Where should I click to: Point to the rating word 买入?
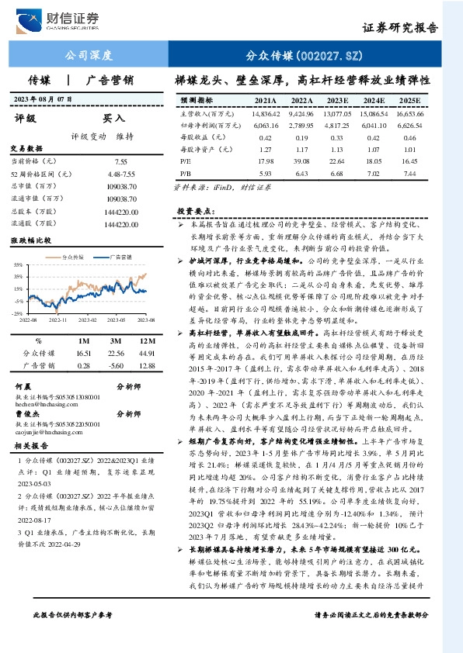114,119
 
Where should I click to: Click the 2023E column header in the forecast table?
336,101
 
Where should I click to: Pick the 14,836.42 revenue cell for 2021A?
265,114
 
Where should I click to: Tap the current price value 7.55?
120,161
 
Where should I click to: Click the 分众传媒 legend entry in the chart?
71,255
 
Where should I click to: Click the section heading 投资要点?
195,211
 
